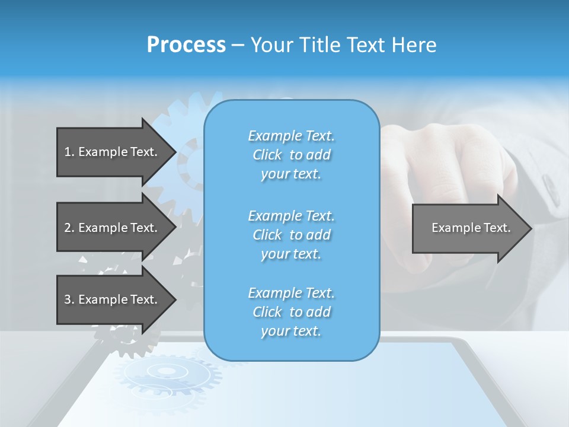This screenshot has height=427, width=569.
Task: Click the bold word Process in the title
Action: click(186, 45)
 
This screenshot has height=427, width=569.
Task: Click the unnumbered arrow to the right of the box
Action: click(471, 228)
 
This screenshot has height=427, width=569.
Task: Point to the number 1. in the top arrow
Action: click(69, 152)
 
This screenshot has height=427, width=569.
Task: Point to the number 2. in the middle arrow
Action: click(69, 228)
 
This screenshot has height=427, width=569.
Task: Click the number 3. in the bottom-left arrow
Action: click(69, 299)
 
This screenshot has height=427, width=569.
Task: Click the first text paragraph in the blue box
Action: click(291, 155)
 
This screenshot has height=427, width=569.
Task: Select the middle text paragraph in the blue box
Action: click(291, 235)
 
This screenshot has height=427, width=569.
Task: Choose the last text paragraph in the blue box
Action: click(291, 312)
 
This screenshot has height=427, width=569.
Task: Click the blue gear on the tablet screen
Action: click(167, 373)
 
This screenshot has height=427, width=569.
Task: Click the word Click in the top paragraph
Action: click(267, 155)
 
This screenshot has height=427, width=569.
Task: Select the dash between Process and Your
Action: click(238, 45)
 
